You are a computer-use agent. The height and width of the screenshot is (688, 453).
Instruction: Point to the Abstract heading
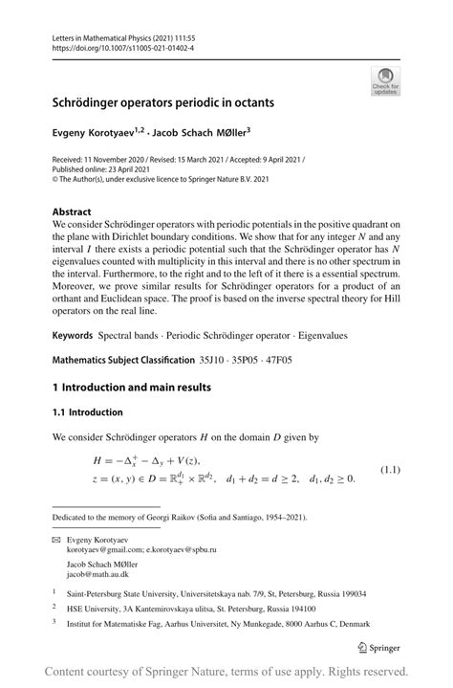72,212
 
